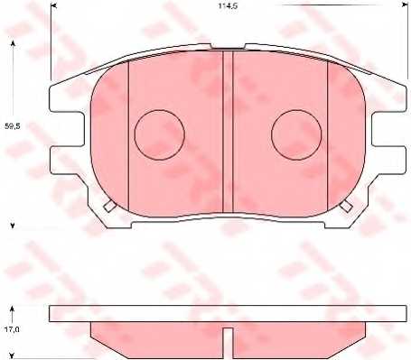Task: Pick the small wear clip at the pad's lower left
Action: (x=107, y=206)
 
